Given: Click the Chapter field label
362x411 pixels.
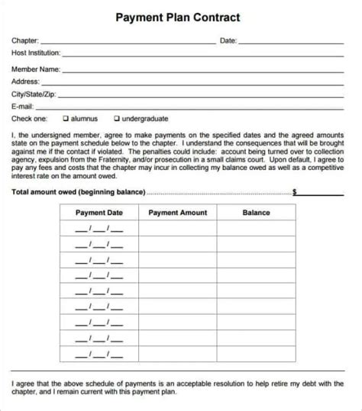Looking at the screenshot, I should (x=24, y=40).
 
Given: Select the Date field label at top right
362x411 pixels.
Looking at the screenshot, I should (x=228, y=40).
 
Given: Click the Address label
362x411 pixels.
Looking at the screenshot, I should (x=24, y=81).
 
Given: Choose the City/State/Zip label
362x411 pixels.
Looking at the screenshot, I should (x=33, y=94).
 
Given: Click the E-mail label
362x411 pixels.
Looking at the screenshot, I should (x=22, y=106).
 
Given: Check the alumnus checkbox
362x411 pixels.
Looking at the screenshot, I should (x=66, y=119).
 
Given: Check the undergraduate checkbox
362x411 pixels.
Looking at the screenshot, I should (x=116, y=119).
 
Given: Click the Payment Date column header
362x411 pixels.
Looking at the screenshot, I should (x=99, y=213).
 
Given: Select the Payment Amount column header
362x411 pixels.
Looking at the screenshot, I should (x=177, y=213).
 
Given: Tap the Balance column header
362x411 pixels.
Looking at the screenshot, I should (x=256, y=213).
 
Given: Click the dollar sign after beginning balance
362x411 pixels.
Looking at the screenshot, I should (x=294, y=192).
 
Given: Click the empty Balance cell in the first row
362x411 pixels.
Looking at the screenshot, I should (x=256, y=229).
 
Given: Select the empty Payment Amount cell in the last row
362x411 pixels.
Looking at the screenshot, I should (x=177, y=333).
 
